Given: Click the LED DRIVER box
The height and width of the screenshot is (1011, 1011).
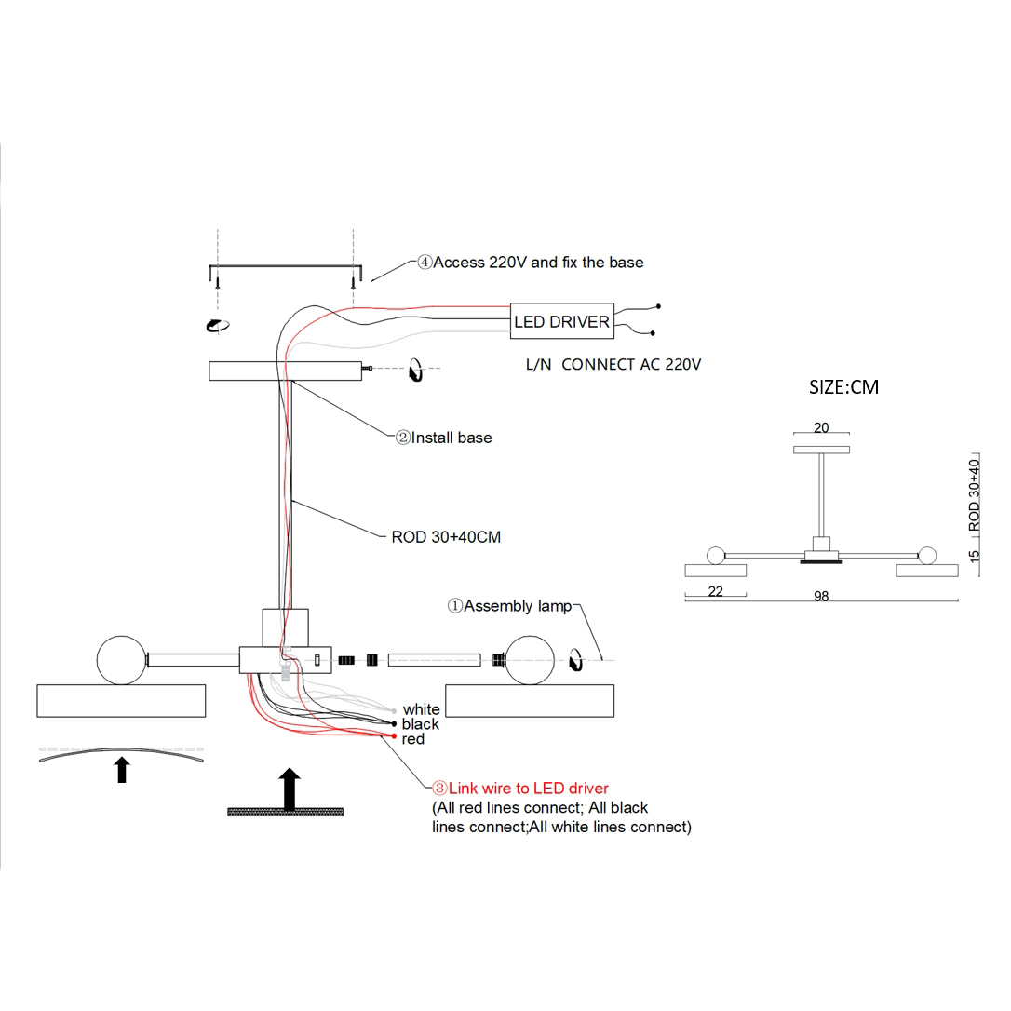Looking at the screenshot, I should (562, 321).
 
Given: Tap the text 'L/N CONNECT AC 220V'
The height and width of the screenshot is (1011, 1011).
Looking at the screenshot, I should (613, 365).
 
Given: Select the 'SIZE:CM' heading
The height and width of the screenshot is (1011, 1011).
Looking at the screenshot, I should (843, 386).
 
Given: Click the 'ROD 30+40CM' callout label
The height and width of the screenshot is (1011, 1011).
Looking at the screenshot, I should (446, 537).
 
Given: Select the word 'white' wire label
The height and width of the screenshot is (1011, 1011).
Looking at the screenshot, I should (421, 709).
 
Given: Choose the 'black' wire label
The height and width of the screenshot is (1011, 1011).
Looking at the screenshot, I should (420, 724).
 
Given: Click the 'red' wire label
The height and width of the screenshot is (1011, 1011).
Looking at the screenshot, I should (412, 739).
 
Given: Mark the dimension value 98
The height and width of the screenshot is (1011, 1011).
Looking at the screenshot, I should (820, 597).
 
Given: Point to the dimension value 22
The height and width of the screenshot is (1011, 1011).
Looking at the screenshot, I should (715, 590).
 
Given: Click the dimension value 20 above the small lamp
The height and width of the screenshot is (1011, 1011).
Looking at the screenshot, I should (820, 428).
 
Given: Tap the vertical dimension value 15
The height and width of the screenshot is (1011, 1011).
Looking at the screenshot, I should (975, 556).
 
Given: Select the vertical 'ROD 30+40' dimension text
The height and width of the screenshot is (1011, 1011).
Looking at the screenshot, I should (975, 495).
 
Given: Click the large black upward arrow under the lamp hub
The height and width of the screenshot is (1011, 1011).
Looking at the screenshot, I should (290, 789).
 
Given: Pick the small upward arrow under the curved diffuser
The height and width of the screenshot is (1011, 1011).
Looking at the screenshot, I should (121, 769).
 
